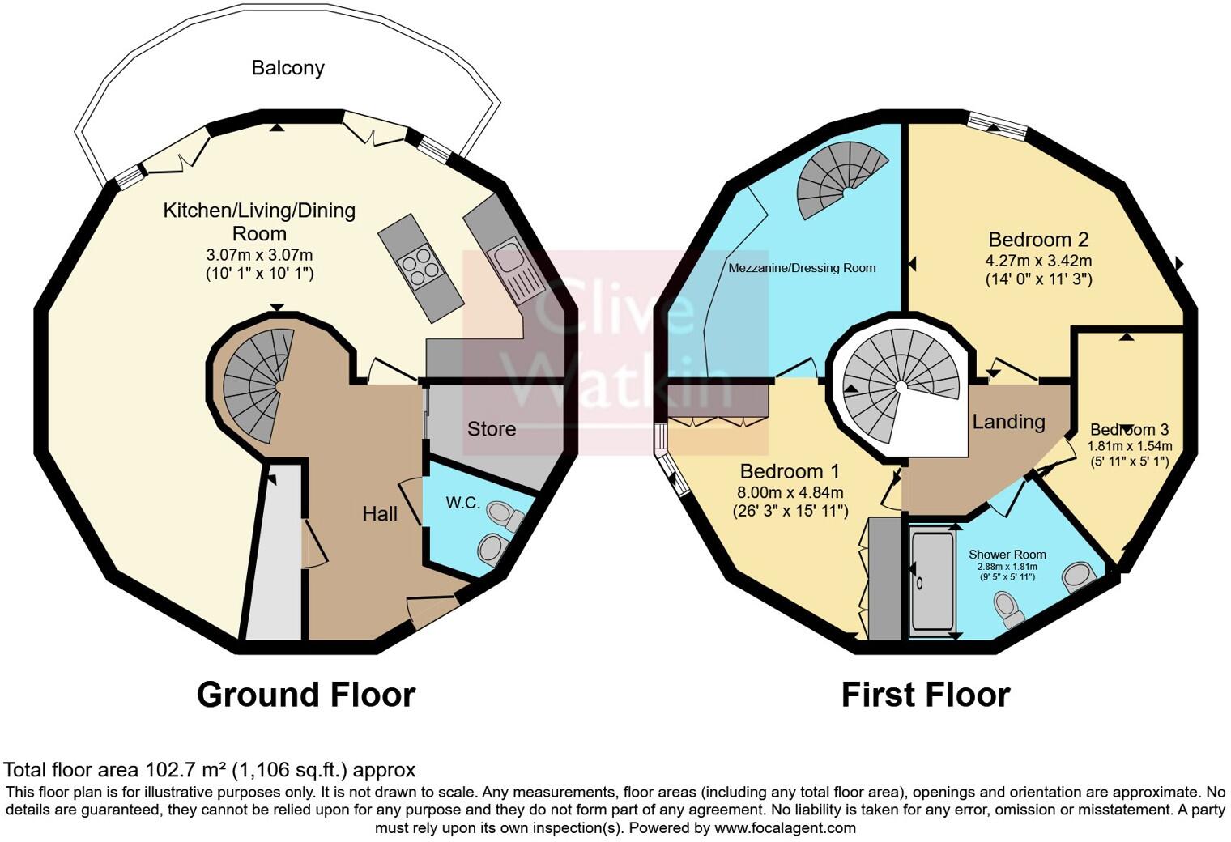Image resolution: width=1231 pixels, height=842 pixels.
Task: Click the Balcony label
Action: click(288, 68)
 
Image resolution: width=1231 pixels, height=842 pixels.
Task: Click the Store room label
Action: click(491, 429)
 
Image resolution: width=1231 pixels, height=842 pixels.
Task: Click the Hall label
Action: click(380, 513)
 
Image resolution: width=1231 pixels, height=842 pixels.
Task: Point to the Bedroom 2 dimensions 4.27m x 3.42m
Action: click(1037, 261)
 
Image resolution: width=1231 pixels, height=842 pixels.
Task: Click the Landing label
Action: click(1008, 422)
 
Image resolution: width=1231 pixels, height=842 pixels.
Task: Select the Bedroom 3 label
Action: click(1129, 430)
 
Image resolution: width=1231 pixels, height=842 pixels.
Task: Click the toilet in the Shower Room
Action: click(1008, 609)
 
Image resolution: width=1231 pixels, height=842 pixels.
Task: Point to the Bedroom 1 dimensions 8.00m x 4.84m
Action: click(790, 492)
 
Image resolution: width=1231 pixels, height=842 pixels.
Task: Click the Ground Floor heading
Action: click(306, 695)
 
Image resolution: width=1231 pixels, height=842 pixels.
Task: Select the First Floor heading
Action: click(925, 695)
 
